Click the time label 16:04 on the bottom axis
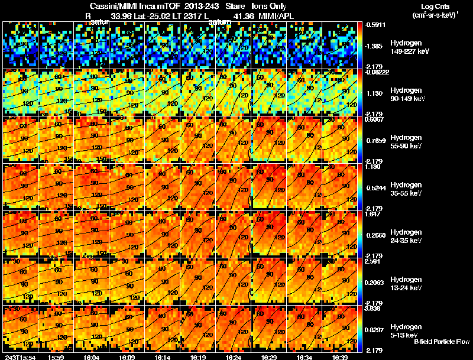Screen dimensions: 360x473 pyautogui.click(x=90, y=356)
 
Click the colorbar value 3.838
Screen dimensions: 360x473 pyautogui.click(x=374, y=309)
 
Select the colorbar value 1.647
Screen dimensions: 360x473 pyautogui.click(x=374, y=214)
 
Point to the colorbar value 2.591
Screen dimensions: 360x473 pyautogui.click(x=374, y=261)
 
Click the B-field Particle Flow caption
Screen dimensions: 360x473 pyautogui.click(x=441, y=342)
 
